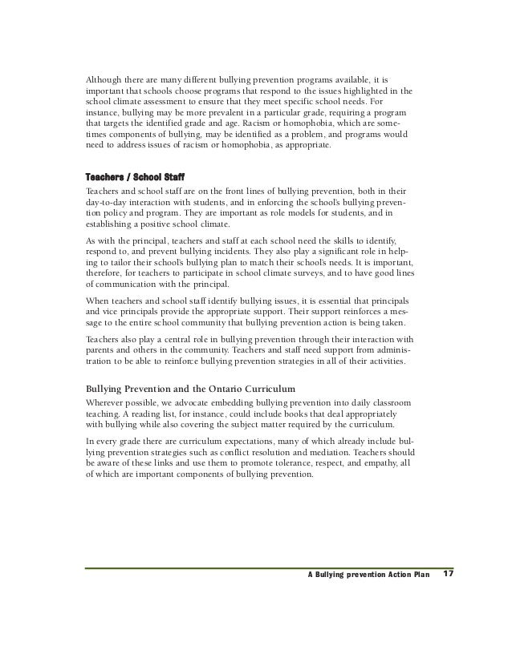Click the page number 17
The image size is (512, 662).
(x=449, y=574)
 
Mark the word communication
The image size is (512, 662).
(x=132, y=285)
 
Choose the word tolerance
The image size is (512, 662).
(x=282, y=463)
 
